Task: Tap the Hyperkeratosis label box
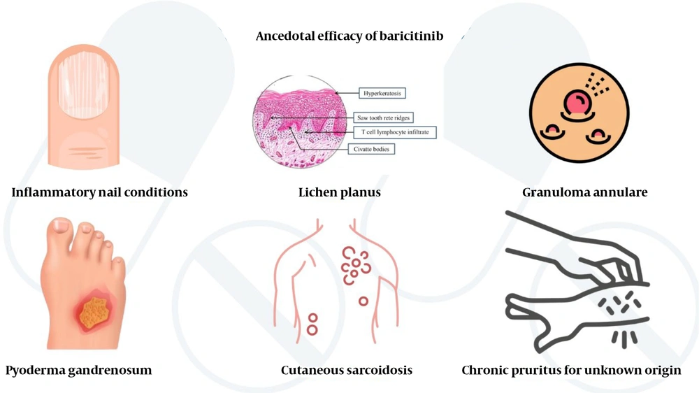click(x=382, y=93)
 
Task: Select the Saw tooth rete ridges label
click(x=383, y=118)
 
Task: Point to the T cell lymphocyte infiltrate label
click(x=395, y=131)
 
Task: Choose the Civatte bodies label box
click(x=371, y=149)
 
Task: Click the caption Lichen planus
click(x=339, y=192)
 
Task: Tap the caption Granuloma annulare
click(x=584, y=192)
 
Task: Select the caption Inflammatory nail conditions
click(x=99, y=192)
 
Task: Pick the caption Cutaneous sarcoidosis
click(x=346, y=370)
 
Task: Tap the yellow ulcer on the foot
click(x=94, y=313)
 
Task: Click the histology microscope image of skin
click(x=301, y=121)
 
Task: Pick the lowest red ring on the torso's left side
click(x=312, y=329)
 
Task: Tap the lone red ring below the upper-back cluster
click(x=363, y=301)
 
